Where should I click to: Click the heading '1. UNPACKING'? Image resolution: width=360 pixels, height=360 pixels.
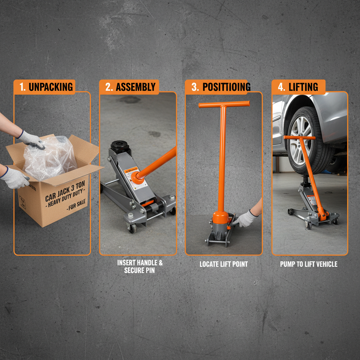click(45, 87)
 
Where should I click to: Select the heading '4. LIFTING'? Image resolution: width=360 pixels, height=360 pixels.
click(298, 87)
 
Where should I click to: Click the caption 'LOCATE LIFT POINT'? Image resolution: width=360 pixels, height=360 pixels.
click(224, 264)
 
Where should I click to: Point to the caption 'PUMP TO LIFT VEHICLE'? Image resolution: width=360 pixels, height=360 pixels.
click(309, 264)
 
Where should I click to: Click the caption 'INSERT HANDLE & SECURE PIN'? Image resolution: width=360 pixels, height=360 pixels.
click(140, 266)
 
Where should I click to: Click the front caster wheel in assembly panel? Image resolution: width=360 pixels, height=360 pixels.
click(133, 228)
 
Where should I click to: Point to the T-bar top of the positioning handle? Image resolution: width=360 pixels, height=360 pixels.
click(224, 104)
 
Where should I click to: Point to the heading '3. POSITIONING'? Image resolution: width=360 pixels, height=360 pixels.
click(218, 87)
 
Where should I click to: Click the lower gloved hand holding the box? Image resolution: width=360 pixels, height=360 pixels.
click(14, 178)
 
